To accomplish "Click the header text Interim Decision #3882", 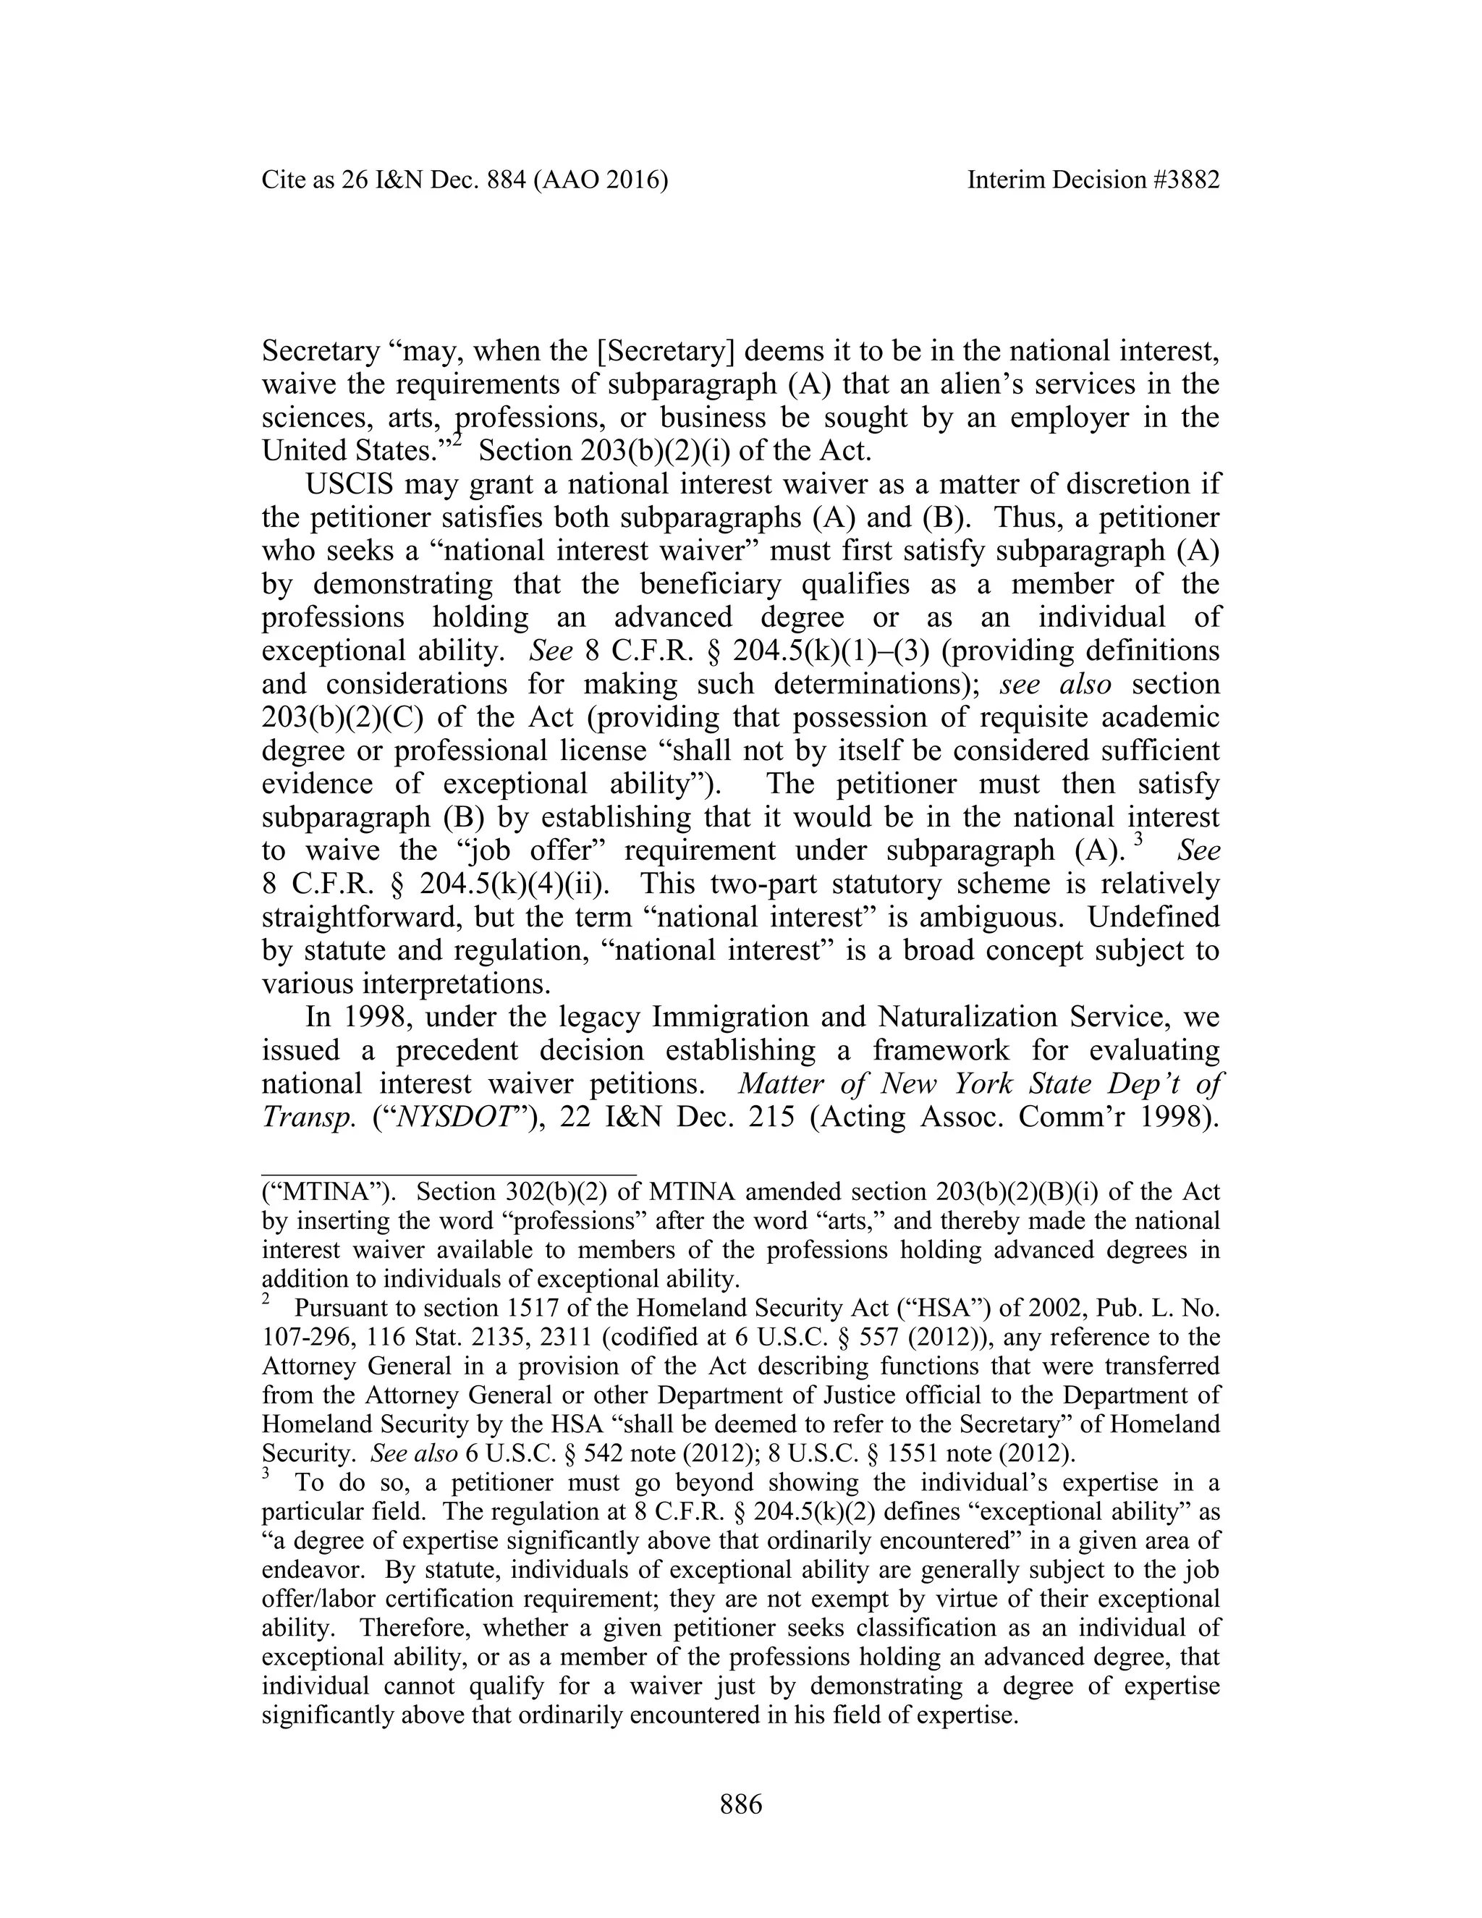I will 1093,180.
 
